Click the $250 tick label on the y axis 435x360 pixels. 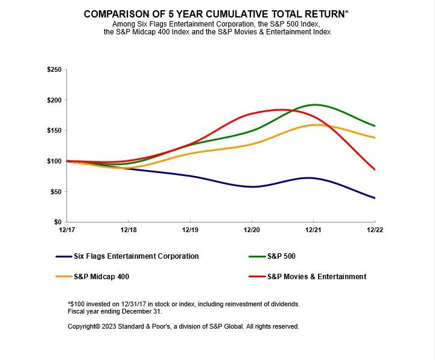click(x=54, y=70)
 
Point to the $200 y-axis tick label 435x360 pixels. click(x=54, y=100)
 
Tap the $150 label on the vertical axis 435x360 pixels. click(x=54, y=131)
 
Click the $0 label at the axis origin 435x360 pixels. click(x=58, y=223)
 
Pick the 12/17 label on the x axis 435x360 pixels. click(x=66, y=230)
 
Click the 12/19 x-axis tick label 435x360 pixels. click(x=190, y=230)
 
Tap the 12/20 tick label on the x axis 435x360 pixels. click(x=252, y=230)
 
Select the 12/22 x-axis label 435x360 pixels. click(x=375, y=230)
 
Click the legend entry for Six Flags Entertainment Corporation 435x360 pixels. click(x=136, y=256)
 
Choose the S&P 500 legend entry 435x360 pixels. click(x=281, y=256)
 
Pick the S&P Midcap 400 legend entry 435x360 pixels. click(x=101, y=277)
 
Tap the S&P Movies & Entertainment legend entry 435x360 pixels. click(x=316, y=277)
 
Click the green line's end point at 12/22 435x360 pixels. click(x=375, y=126)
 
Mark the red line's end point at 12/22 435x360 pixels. click(x=375, y=169)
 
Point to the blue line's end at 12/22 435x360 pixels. click(x=375, y=198)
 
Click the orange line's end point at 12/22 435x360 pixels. click(x=375, y=137)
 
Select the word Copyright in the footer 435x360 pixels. click(x=83, y=326)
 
